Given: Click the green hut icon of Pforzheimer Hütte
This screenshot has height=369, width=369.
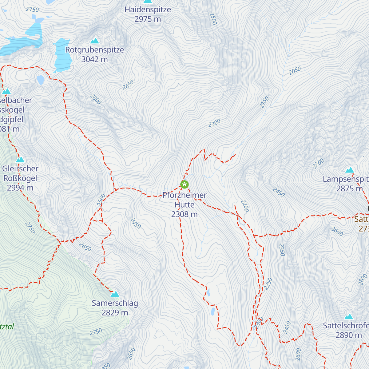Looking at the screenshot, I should tap(184, 184).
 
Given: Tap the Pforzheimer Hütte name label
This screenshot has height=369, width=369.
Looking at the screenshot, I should tap(184, 200).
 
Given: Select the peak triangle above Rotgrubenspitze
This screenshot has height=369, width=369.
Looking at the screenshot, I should tap(95, 41).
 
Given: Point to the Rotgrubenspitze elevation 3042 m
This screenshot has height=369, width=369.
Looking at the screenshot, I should tap(94, 59).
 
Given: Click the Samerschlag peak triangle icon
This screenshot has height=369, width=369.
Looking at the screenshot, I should tap(115, 294).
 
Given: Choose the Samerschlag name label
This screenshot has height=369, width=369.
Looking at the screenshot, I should tap(115, 303).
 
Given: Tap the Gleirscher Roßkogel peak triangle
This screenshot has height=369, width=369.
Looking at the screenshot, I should tap(20, 160).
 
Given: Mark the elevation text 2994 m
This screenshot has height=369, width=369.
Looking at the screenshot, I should tap(20, 188).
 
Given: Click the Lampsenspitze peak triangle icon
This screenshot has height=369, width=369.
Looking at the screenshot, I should tap(349, 170).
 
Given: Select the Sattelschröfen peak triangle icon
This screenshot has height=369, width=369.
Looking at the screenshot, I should tap(348, 317).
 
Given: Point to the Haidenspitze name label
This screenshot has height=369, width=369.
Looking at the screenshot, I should tap(148, 10).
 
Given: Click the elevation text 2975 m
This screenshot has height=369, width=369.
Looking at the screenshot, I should tap(148, 19).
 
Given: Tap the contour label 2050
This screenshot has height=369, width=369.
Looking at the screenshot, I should tap(295, 71).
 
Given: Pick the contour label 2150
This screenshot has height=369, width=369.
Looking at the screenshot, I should tap(264, 102).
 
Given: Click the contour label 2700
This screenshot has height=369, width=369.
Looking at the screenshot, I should tap(318, 164).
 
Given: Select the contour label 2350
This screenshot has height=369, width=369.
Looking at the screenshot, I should tap(282, 249).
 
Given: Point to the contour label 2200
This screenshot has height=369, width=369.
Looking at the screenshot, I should tap(244, 206).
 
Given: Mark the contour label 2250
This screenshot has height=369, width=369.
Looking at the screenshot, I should tap(268, 284).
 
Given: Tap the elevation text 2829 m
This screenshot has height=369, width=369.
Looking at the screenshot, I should tap(115, 313).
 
